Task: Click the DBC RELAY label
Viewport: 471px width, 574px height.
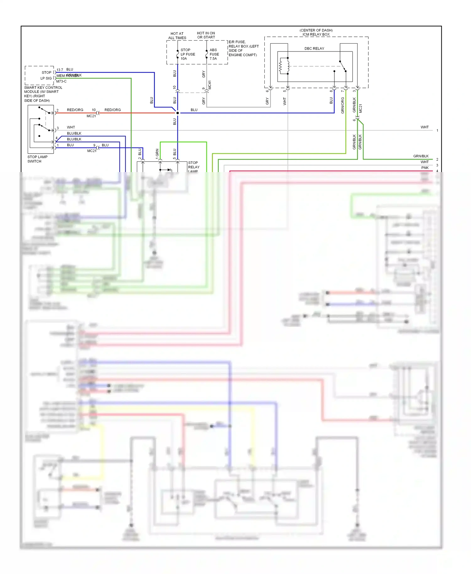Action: pyautogui.click(x=314, y=48)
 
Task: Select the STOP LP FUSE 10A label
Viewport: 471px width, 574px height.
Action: pyautogui.click(x=187, y=54)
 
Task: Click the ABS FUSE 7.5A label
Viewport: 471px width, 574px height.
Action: pyautogui.click(x=214, y=54)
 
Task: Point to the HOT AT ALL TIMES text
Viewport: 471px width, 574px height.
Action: pyautogui.click(x=177, y=36)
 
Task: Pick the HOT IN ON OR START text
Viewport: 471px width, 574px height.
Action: pyautogui.click(x=206, y=35)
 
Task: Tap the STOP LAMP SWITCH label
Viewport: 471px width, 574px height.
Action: pyautogui.click(x=37, y=159)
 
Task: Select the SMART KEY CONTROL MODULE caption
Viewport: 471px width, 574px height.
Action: pyautogui.click(x=43, y=94)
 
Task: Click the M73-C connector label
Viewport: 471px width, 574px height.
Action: pyautogui.click(x=61, y=81)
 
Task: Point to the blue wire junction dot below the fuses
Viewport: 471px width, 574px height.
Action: pyautogui.click(x=178, y=113)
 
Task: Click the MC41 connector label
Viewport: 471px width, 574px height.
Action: pyautogui.click(x=210, y=85)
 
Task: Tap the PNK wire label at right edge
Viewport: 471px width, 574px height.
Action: pyautogui.click(x=425, y=168)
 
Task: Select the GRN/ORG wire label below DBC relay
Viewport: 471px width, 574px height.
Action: pyautogui.click(x=343, y=105)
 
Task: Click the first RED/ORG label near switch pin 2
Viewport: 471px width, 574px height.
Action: pyautogui.click(x=75, y=110)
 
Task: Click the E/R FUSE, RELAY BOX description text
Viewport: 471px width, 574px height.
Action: pyautogui.click(x=243, y=48)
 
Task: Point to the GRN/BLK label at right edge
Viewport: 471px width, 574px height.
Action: pyautogui.click(x=421, y=156)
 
